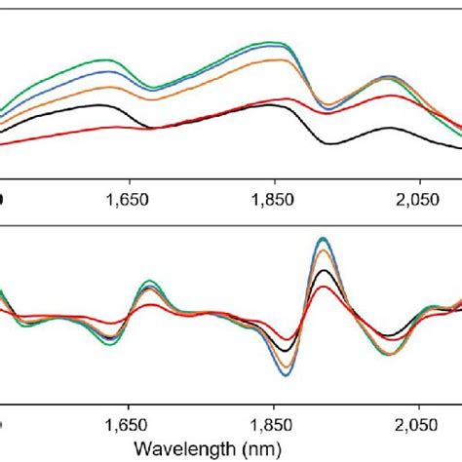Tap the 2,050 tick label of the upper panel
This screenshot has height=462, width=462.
click(x=419, y=200)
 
